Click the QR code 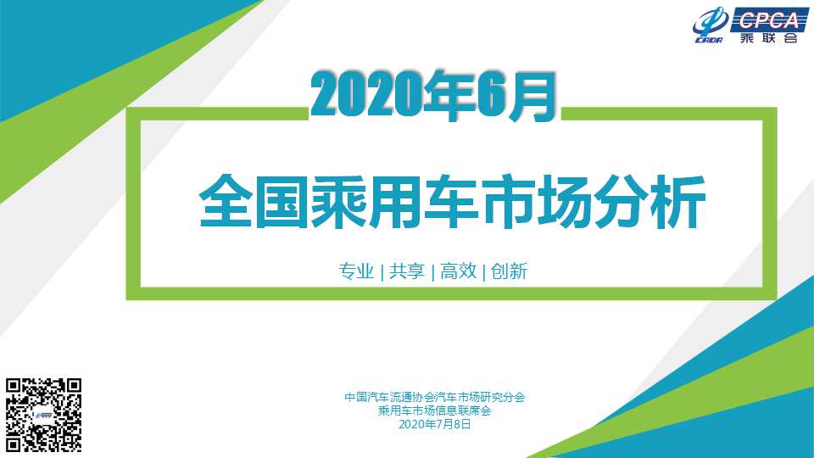pyautogui.click(x=43, y=415)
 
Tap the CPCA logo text pyautogui.click(x=769, y=20)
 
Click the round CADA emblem pyautogui.click(x=710, y=25)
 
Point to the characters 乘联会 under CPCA pyautogui.click(x=769, y=38)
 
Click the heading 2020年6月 pyautogui.click(x=433, y=96)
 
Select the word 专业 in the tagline pyautogui.click(x=356, y=271)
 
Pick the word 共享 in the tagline pyautogui.click(x=407, y=271)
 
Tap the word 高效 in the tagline pyautogui.click(x=459, y=271)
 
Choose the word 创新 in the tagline pyautogui.click(x=510, y=271)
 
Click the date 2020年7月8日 pyautogui.click(x=434, y=424)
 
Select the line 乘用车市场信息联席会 pyautogui.click(x=434, y=411)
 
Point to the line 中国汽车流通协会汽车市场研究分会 pyautogui.click(x=434, y=397)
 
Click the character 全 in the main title pyautogui.click(x=226, y=202)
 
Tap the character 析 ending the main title pyautogui.click(x=678, y=202)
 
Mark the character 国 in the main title pyautogui.click(x=282, y=202)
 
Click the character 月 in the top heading pyautogui.click(x=532, y=97)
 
